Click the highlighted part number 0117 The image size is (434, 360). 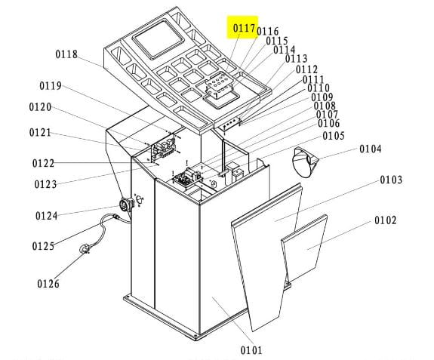(x=244, y=28)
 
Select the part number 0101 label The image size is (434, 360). (x=251, y=350)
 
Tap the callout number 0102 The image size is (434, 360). (x=386, y=220)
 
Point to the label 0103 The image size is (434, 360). (x=391, y=180)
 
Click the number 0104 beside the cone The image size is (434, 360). (x=371, y=149)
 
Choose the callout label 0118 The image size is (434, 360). (x=66, y=54)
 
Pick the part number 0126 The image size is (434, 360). (x=48, y=284)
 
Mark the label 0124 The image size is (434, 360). (x=47, y=216)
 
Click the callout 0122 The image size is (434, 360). (x=43, y=163)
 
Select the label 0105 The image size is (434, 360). (x=334, y=136)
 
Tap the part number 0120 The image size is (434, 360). (x=40, y=107)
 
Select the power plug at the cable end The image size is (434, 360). (x=85, y=249)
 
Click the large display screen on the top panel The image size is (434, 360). (x=159, y=38)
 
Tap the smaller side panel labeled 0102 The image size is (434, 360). (x=304, y=247)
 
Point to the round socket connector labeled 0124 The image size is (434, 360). (x=126, y=205)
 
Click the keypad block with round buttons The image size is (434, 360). (x=219, y=84)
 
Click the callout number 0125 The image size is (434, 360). (x=43, y=246)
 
